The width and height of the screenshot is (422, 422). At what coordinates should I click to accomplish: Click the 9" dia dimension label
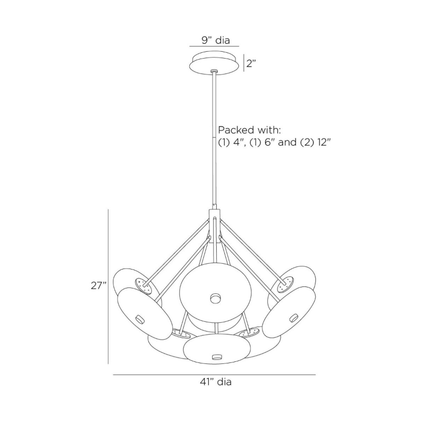click(x=216, y=41)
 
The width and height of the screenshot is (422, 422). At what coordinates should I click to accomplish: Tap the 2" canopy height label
click(x=251, y=64)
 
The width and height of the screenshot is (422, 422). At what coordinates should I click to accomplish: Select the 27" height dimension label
click(x=99, y=285)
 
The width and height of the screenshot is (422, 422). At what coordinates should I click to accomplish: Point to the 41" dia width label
click(x=216, y=381)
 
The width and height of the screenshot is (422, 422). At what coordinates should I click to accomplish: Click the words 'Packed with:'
click(x=250, y=130)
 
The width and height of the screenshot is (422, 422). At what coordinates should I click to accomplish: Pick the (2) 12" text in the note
click(x=314, y=142)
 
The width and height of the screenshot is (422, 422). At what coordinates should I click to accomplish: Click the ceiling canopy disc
click(x=214, y=62)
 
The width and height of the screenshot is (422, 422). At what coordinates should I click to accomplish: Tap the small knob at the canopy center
click(x=214, y=71)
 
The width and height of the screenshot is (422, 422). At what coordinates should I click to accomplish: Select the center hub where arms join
click(x=215, y=226)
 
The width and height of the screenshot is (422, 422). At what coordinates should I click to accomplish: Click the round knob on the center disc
click(x=216, y=298)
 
